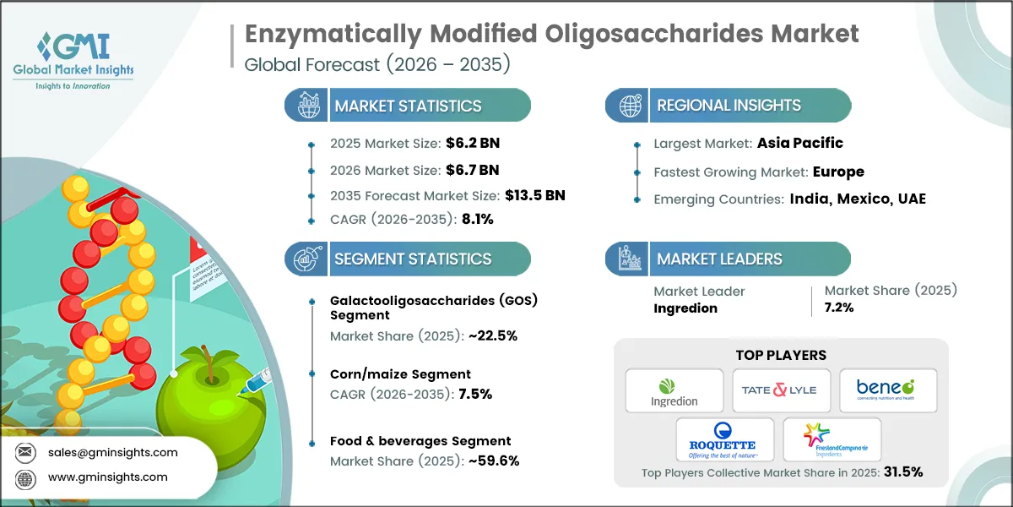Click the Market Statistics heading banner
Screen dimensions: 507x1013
tap(408, 106)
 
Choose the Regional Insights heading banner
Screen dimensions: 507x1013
tap(729, 106)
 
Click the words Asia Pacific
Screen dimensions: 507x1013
tap(799, 143)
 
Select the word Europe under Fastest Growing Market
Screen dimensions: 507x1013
tap(838, 172)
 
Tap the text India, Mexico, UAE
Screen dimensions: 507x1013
tap(858, 199)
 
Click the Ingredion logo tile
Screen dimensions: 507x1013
tap(674, 390)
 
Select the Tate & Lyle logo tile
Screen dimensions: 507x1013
tap(781, 390)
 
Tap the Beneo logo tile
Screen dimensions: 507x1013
tap(886, 390)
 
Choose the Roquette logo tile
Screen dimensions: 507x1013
tap(724, 439)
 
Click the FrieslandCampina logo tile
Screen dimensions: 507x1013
tap(832, 439)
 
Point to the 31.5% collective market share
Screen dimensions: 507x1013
tap(902, 472)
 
